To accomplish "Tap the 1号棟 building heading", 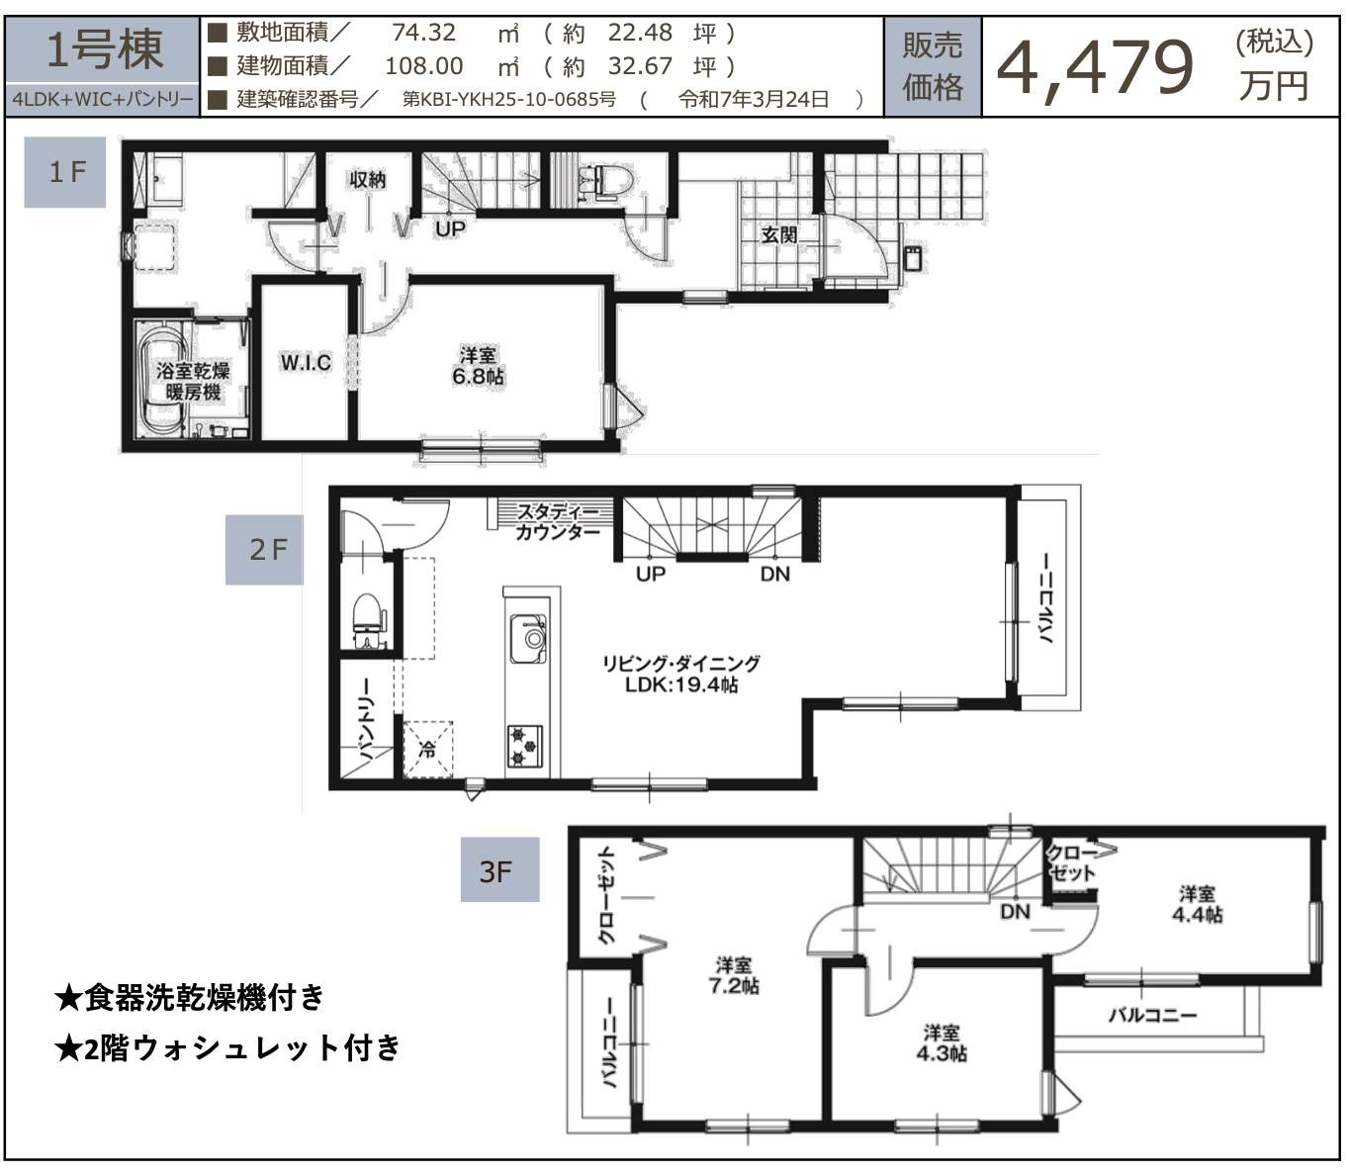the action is coord(104,50).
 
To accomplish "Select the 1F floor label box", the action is coord(64,172).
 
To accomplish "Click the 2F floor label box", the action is coord(264,550).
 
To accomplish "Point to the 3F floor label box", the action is coord(499,869).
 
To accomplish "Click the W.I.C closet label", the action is coord(306,362).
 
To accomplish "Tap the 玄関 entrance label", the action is coord(778,234).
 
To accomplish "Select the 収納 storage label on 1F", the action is coord(367,179).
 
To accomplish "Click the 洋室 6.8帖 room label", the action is coord(478,366).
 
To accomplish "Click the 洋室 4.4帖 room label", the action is coord(1198,904).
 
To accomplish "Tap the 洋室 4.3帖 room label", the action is coord(942,1042).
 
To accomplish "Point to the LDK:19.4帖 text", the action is coord(681,685).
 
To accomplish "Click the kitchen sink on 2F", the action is coord(527,639).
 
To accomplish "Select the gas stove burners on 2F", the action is coord(525,746).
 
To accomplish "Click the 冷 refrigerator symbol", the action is coord(428,749).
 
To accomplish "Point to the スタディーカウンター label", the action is coord(558,521).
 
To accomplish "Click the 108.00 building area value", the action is coord(424,66).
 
